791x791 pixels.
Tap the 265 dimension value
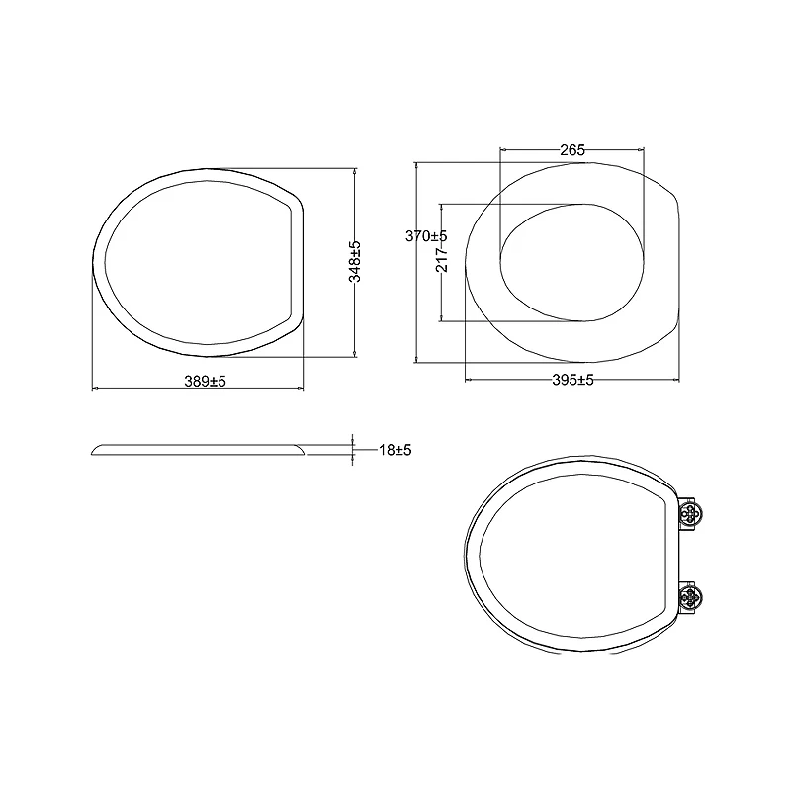coord(571,150)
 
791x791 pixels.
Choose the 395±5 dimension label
coord(571,381)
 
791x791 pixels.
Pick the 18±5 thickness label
coord(395,450)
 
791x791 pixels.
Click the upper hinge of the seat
coord(693,513)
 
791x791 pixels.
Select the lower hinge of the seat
coord(693,597)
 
